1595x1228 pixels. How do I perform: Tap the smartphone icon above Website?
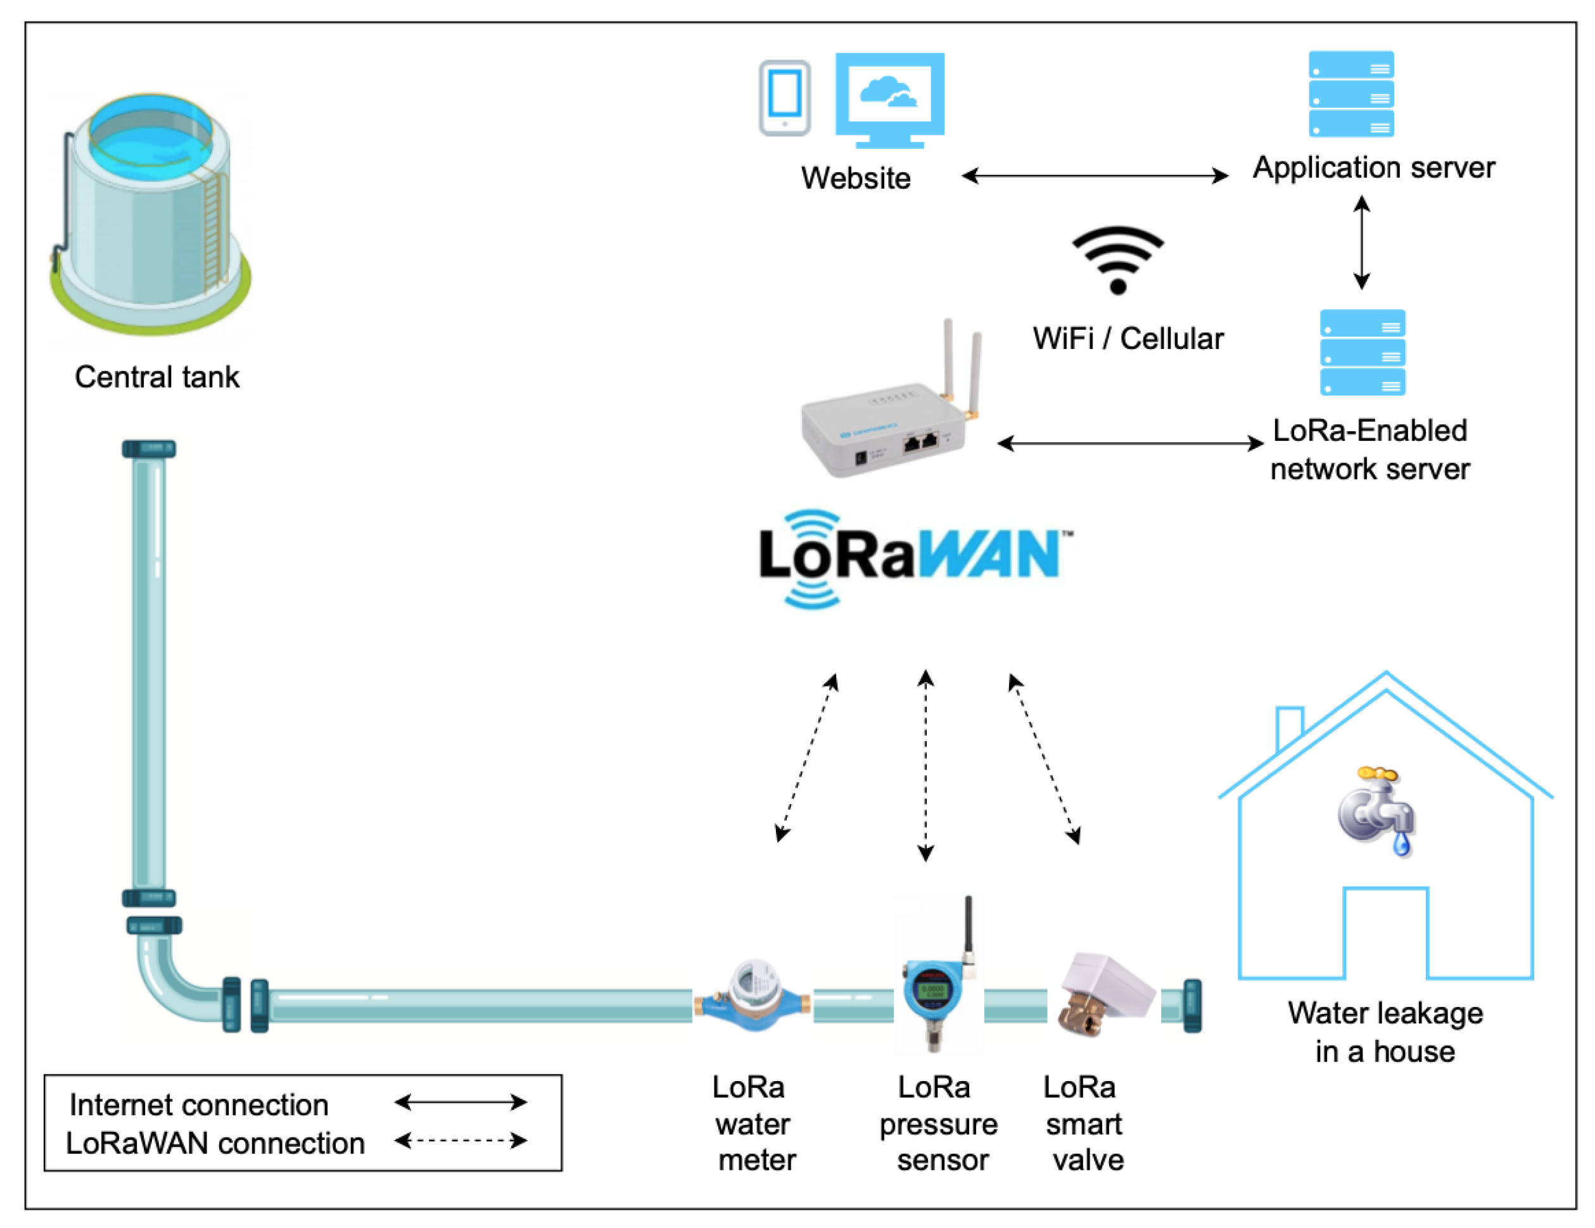[x=784, y=98]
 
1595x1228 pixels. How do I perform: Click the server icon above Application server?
[x=1350, y=94]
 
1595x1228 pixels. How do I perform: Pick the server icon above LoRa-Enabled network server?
[x=1362, y=353]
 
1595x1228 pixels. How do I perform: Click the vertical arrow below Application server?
[x=1361, y=243]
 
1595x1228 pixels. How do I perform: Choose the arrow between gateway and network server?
[x=1130, y=443]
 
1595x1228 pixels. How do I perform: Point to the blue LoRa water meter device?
[x=753, y=997]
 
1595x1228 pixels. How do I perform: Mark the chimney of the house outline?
[x=1290, y=726]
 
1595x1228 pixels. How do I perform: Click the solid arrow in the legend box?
[x=460, y=1102]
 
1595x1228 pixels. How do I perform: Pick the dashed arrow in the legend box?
[x=460, y=1141]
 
